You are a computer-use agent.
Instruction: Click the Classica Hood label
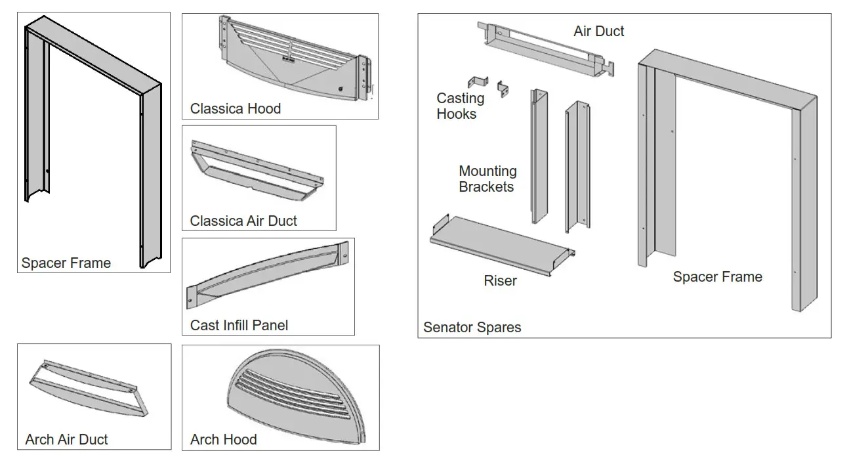click(235, 109)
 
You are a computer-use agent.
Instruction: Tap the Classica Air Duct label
click(243, 221)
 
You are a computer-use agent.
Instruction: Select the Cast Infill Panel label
click(239, 325)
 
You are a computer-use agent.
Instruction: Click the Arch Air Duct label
click(66, 440)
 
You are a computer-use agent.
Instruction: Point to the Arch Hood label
click(223, 440)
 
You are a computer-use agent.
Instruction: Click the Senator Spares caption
click(472, 327)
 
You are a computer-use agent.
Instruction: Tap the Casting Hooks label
click(460, 106)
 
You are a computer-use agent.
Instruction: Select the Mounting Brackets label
click(487, 179)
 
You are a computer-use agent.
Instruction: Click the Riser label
click(500, 281)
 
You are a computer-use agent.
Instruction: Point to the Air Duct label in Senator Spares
click(598, 32)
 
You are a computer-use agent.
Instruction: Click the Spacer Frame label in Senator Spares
click(717, 277)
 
